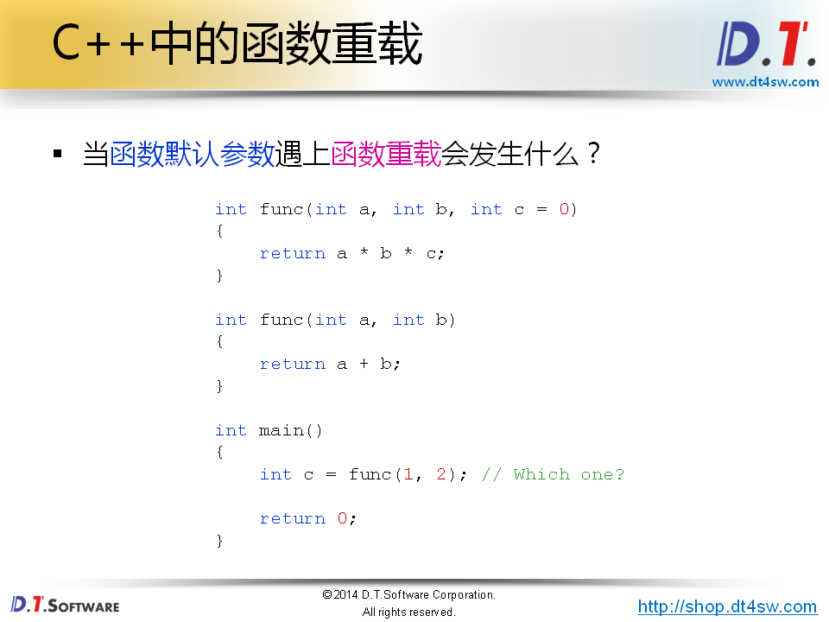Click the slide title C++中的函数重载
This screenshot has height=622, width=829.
click(x=237, y=45)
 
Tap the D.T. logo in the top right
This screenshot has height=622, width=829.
click(x=766, y=45)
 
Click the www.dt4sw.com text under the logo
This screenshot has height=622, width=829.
click(x=765, y=82)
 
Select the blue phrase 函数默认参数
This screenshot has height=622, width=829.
click(x=192, y=155)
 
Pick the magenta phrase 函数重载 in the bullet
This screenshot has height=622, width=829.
click(x=386, y=155)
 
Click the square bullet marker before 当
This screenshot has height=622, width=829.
click(x=59, y=155)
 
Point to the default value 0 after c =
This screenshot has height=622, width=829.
click(x=564, y=209)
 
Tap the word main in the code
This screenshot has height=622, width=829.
click(x=281, y=430)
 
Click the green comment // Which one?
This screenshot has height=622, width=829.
click(x=553, y=474)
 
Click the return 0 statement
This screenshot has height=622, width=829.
click(x=307, y=518)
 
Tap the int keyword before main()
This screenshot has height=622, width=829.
click(x=231, y=430)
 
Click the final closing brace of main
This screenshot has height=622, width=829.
click(x=219, y=541)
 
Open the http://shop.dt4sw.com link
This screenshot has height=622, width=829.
click(x=727, y=606)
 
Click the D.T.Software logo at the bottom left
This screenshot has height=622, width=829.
click(x=65, y=605)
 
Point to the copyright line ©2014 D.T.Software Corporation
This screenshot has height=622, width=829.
click(x=408, y=595)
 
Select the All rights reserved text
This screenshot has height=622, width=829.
click(x=408, y=612)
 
